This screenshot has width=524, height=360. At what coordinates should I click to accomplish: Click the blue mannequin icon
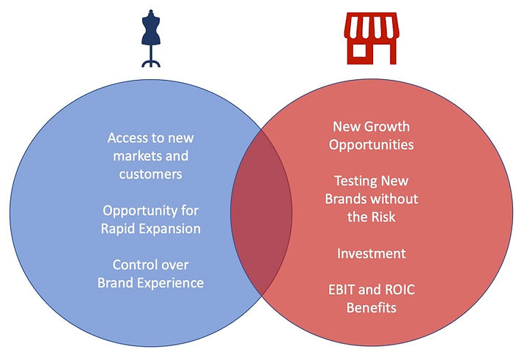pos(151,38)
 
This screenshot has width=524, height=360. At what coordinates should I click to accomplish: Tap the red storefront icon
pos(372,38)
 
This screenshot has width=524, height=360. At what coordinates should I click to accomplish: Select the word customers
pos(151,175)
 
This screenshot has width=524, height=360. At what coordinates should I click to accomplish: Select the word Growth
pos(386,127)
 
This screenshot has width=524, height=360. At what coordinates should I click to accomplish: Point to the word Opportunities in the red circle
pos(372,145)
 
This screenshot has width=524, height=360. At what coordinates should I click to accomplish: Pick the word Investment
pos(372,254)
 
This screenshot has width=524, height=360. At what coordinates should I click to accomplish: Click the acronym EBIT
pos(342,290)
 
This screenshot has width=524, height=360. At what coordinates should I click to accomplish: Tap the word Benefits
pos(372,308)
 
